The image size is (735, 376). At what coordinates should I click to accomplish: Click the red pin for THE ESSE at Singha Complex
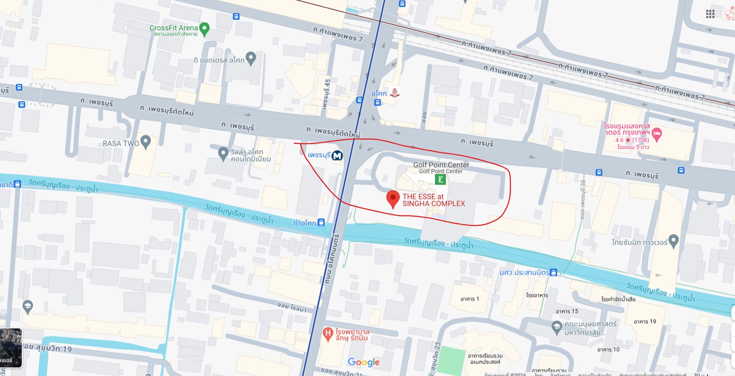(x=392, y=199)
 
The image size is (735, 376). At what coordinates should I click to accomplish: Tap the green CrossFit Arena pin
(x=204, y=29)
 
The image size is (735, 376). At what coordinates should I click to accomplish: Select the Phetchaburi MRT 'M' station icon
(x=337, y=156)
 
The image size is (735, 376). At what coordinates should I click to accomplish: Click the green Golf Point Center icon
(x=440, y=180)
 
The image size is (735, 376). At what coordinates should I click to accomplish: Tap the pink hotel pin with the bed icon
(x=657, y=134)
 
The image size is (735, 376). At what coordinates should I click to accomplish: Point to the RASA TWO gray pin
(x=145, y=142)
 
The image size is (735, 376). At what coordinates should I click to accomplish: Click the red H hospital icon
(x=328, y=334)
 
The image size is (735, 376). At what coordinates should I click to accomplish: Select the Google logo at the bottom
(x=364, y=362)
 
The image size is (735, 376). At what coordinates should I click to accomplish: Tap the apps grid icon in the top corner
(x=710, y=14)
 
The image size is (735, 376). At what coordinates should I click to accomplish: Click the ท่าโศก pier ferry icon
(x=321, y=222)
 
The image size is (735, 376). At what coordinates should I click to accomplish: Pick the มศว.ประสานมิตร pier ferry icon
(x=554, y=272)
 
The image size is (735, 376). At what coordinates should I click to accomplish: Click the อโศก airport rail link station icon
(x=394, y=93)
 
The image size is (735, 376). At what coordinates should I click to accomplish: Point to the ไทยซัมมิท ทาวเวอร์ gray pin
(x=673, y=241)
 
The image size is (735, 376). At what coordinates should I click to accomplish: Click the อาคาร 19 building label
(x=645, y=322)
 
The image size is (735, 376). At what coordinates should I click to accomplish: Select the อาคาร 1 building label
(x=469, y=299)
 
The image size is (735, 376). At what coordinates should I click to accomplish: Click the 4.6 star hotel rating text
(x=632, y=140)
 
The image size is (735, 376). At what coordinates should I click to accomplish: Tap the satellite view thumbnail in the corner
(x=11, y=348)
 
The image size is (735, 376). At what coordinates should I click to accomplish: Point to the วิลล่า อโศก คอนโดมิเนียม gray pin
(x=223, y=153)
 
